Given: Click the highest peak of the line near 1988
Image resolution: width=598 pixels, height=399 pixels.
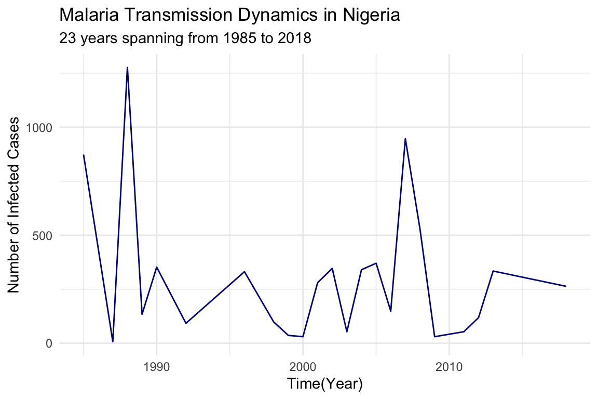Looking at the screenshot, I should click(x=127, y=68).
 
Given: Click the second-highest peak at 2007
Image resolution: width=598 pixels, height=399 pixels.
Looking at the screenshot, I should click(x=405, y=139).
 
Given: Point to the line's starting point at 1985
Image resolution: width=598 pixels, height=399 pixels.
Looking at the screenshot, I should click(x=84, y=155).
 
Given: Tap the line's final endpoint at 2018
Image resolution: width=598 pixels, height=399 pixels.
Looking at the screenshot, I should click(x=566, y=286).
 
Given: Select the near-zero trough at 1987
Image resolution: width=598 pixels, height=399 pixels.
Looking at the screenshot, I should click(x=113, y=342).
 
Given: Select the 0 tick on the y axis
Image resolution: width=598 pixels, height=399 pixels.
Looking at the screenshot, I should click(x=50, y=343).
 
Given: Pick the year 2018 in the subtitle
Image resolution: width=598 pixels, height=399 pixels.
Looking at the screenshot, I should click(x=294, y=38).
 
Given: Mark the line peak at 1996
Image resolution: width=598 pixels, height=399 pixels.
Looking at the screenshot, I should click(x=244, y=271).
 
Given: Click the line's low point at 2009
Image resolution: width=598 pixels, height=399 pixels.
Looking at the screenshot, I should click(x=434, y=337).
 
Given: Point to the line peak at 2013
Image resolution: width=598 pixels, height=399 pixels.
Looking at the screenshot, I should click(x=493, y=271).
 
